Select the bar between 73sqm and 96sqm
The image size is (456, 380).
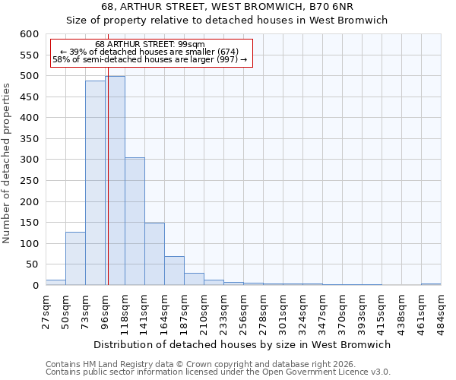coord(95,182)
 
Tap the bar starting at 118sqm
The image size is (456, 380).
coord(135,221)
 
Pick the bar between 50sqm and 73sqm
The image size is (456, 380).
coord(75,258)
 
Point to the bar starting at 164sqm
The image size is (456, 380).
coord(174,271)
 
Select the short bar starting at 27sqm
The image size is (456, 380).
coord(55,282)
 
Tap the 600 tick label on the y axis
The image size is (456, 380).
coord(29,34)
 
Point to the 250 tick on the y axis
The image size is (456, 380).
coord(29,181)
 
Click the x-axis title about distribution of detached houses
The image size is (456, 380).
coord(242,344)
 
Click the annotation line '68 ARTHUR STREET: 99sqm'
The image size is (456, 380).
coord(150,45)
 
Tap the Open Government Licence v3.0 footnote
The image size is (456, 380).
coord(218,372)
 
